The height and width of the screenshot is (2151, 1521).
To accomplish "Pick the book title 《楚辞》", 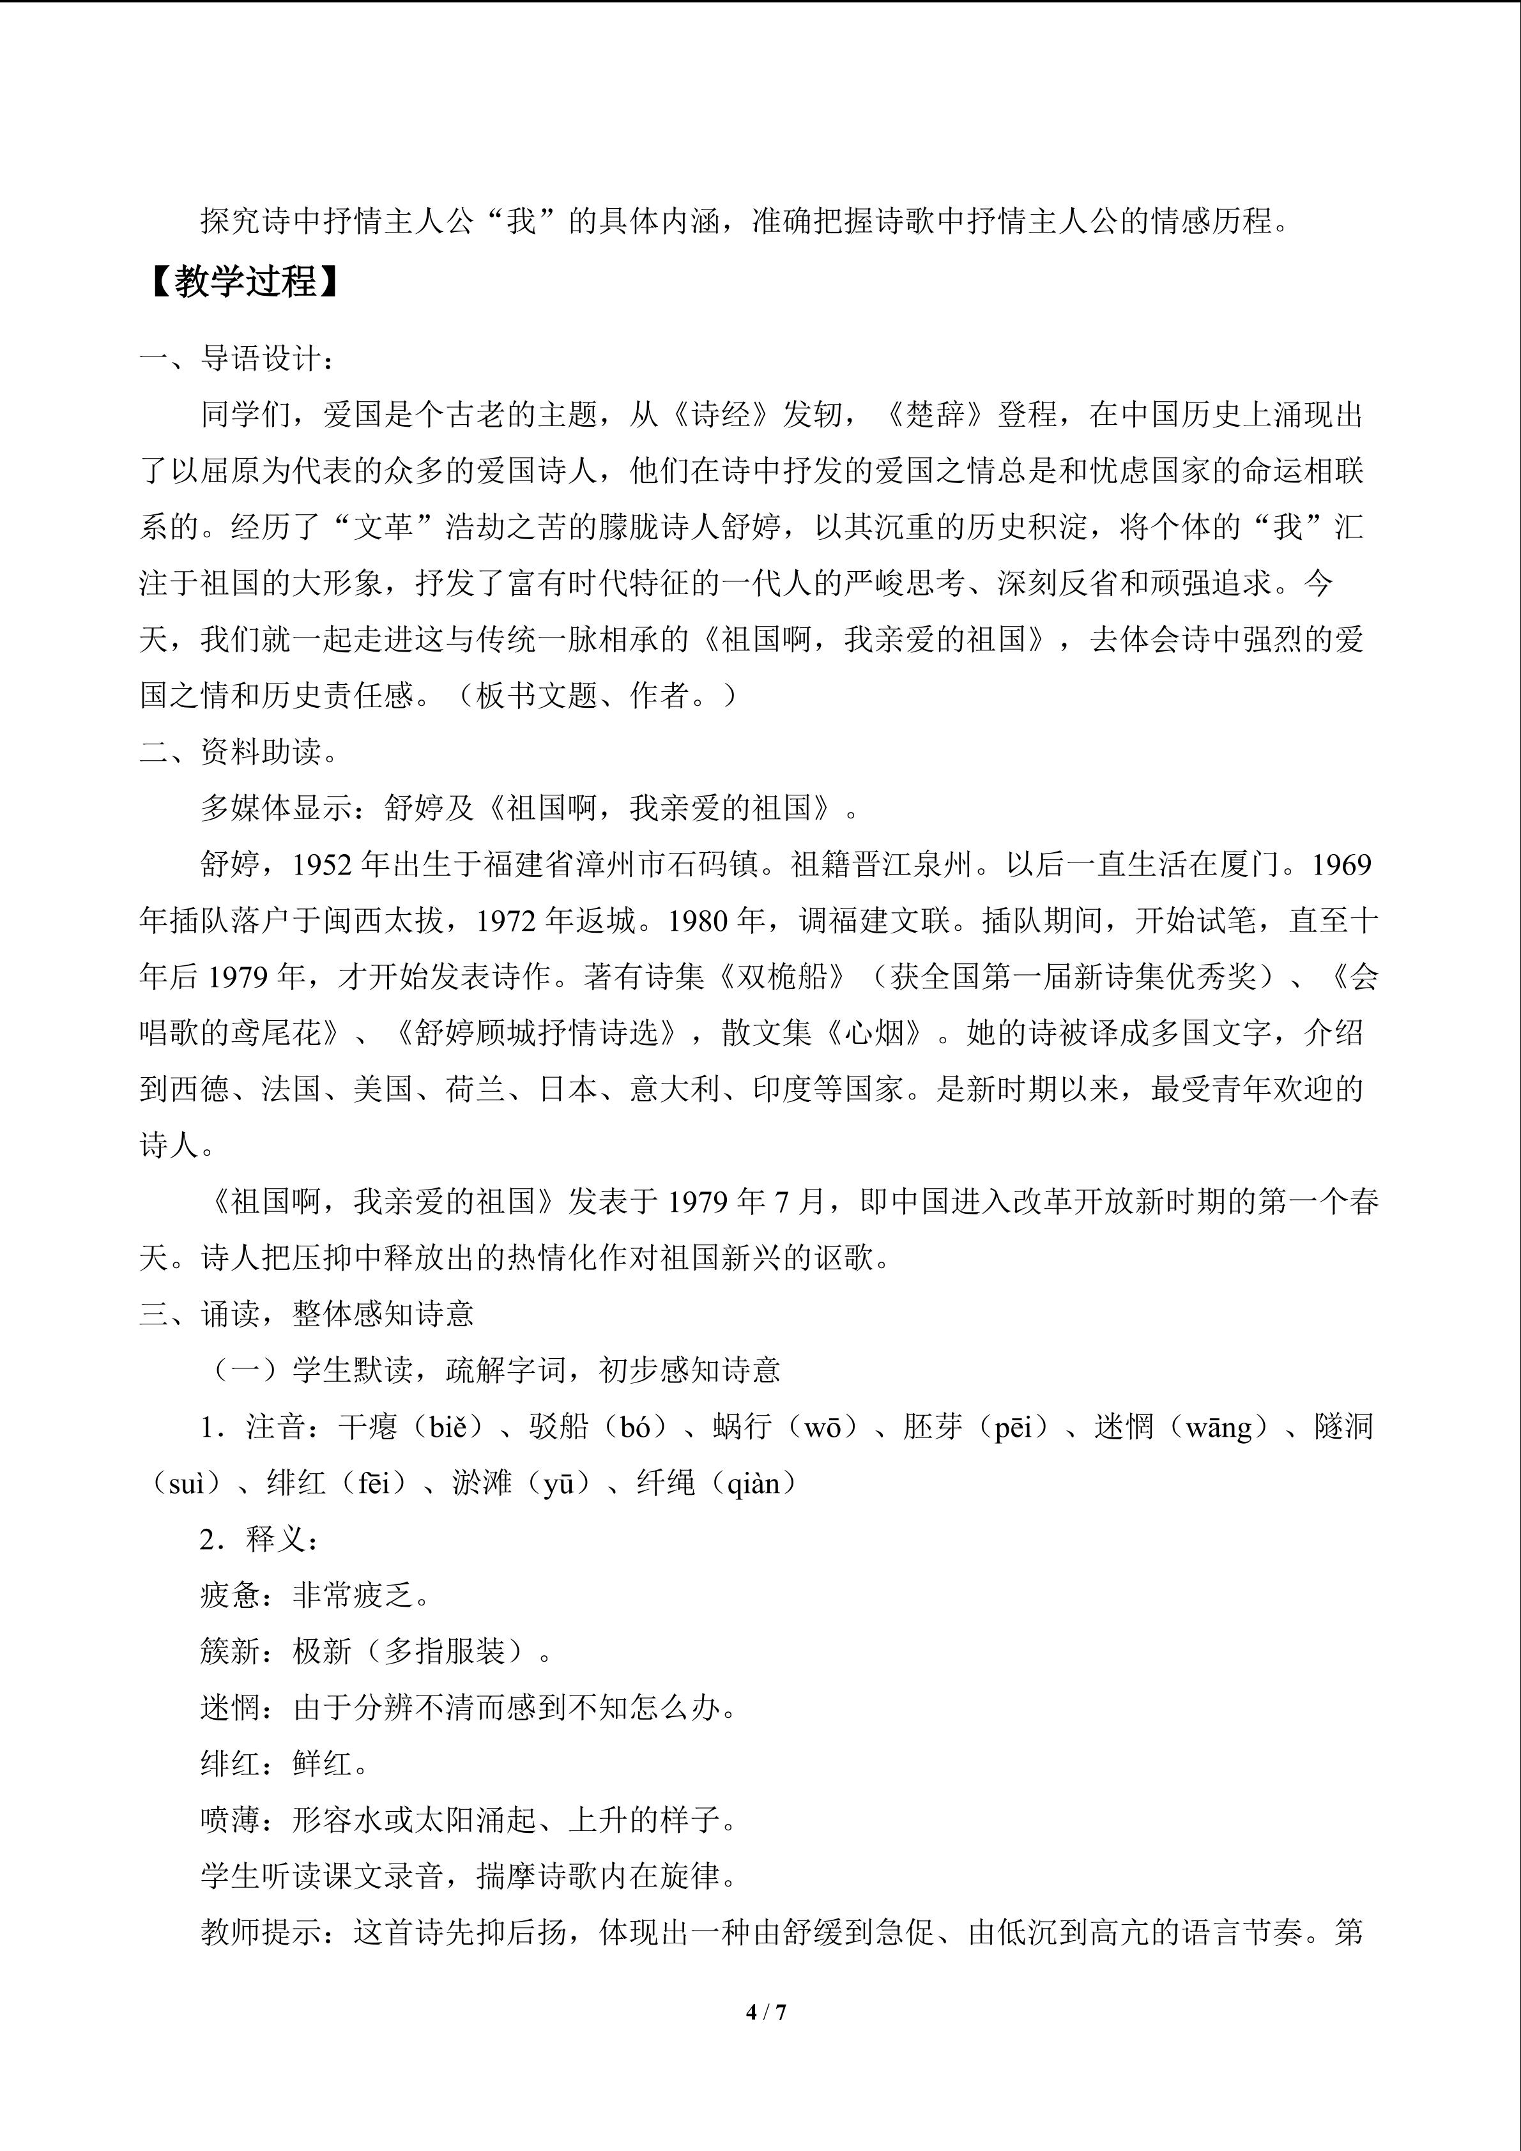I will click(936, 414).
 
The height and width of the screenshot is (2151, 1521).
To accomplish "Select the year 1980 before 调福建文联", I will click(701, 921).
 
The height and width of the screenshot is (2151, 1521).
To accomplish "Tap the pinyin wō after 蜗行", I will click(822, 1427).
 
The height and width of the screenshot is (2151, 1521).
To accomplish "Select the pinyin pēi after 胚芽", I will click(1013, 1427).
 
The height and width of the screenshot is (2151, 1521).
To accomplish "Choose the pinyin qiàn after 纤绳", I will click(754, 1483).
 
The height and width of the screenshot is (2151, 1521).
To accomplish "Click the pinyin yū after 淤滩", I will click(558, 1483).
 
